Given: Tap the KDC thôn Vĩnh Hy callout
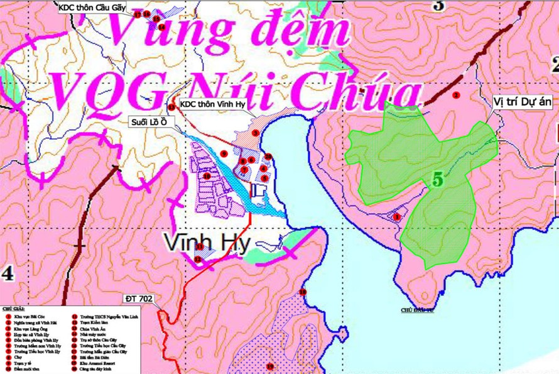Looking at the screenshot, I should pyautogui.click(x=213, y=104).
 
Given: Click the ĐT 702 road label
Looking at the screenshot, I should pyautogui.click(x=139, y=299).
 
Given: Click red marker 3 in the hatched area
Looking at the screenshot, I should pyautogui.click(x=255, y=133).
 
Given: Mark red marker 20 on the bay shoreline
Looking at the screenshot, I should pyautogui.click(x=268, y=157).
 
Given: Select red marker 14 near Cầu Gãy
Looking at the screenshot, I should pyautogui.click(x=161, y=27).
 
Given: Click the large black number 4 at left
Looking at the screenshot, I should pyautogui.click(x=8, y=273).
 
